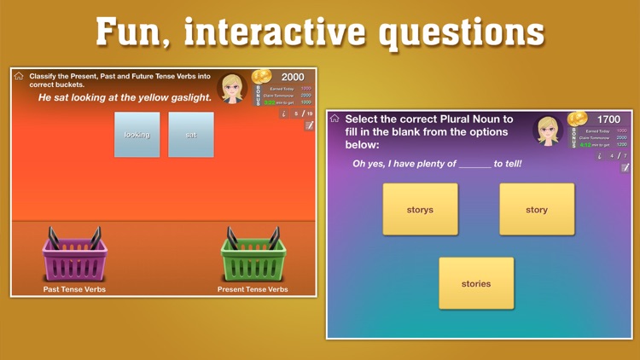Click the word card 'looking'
point(137,135)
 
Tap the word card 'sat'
point(191,135)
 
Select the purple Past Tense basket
point(75,256)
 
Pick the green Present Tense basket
point(253,256)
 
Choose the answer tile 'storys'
point(420,210)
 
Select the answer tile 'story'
point(537,210)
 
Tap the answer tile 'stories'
point(476,283)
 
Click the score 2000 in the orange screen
point(293,77)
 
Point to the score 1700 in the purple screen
point(608,119)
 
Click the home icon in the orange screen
point(19,77)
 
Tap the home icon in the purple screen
point(335,119)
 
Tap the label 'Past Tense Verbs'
point(74,289)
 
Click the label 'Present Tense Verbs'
point(253,289)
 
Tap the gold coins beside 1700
point(578,119)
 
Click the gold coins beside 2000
point(262,77)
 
